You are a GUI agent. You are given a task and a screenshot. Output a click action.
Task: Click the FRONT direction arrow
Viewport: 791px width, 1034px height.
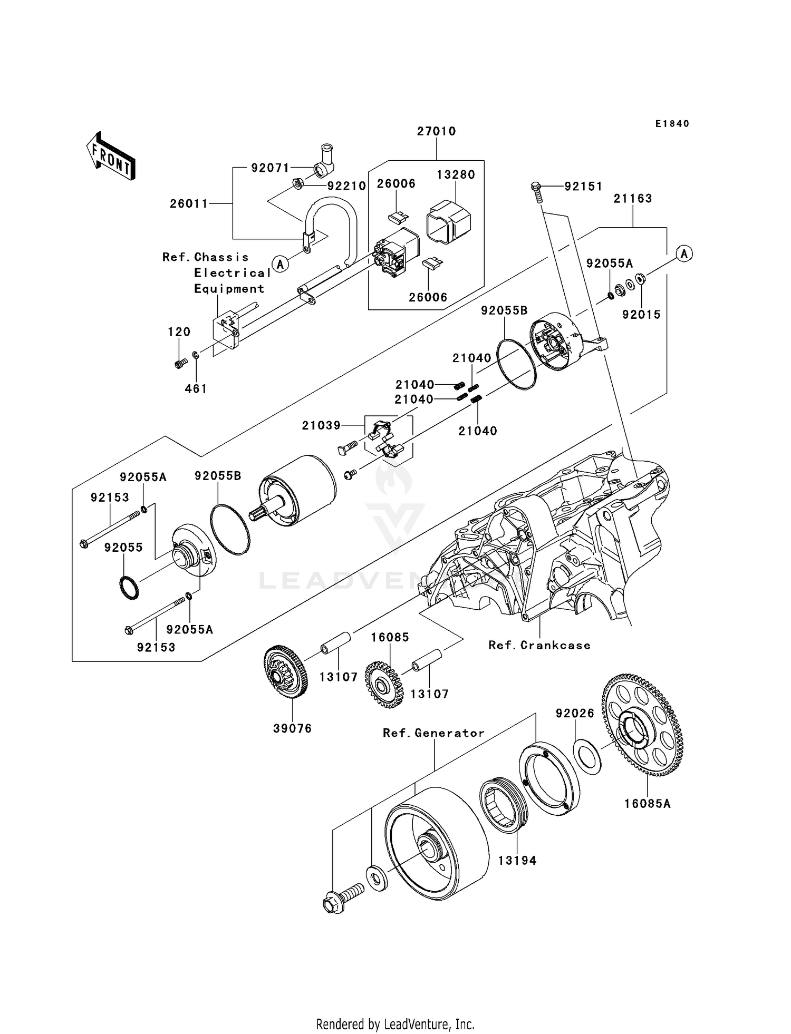(x=111, y=157)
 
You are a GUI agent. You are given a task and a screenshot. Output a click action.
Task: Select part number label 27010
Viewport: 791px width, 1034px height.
(x=436, y=131)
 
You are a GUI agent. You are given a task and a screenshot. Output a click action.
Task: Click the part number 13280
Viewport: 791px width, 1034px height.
(x=456, y=174)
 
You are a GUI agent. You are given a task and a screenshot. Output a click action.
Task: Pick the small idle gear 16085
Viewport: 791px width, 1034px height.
(x=384, y=685)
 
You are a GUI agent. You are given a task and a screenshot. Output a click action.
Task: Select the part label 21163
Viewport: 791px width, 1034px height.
(x=633, y=199)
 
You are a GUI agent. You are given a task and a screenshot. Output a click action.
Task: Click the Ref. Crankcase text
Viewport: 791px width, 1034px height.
(x=539, y=646)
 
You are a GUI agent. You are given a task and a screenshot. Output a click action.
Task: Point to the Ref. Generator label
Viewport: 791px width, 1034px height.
(x=433, y=733)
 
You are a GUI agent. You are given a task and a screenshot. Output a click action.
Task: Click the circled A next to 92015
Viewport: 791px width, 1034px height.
(x=684, y=254)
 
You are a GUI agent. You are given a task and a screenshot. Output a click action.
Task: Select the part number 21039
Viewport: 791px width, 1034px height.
(x=321, y=425)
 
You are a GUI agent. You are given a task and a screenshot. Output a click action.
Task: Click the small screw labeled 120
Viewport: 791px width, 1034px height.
(x=180, y=363)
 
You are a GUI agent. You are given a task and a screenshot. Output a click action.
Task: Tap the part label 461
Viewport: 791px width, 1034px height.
(x=196, y=389)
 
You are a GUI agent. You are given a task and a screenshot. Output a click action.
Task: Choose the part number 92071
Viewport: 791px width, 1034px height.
(x=270, y=168)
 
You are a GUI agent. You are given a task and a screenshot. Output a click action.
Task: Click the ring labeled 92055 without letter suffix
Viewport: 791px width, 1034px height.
(x=128, y=588)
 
